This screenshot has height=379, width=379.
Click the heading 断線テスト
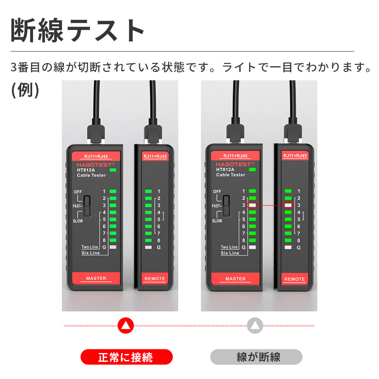pyautogui.click(x=78, y=31)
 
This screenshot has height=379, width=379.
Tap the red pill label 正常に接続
pyautogui.click(x=126, y=357)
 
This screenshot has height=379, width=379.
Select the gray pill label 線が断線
pyautogui.click(x=256, y=357)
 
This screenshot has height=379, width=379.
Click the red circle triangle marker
pyautogui.click(x=126, y=326)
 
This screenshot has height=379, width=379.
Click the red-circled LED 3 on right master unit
pyautogui.click(x=253, y=205)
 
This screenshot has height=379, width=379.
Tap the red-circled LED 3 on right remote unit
pyautogui.click(x=288, y=205)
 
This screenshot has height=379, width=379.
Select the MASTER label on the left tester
pyautogui.click(x=96, y=279)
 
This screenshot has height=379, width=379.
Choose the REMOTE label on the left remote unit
pyautogui.click(x=155, y=279)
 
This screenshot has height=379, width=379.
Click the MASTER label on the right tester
pyautogui.click(x=235, y=279)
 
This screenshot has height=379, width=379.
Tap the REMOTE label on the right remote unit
pyautogui.click(x=294, y=279)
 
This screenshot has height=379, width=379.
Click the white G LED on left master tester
pyautogui.click(x=113, y=247)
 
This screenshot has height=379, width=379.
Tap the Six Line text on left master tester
pyautogui.click(x=90, y=253)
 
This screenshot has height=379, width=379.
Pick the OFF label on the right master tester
pyautogui.click(x=217, y=192)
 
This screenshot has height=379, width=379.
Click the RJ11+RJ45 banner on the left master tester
pyautogui.click(x=96, y=156)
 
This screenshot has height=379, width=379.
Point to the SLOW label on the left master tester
pyautogui.click(x=78, y=221)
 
